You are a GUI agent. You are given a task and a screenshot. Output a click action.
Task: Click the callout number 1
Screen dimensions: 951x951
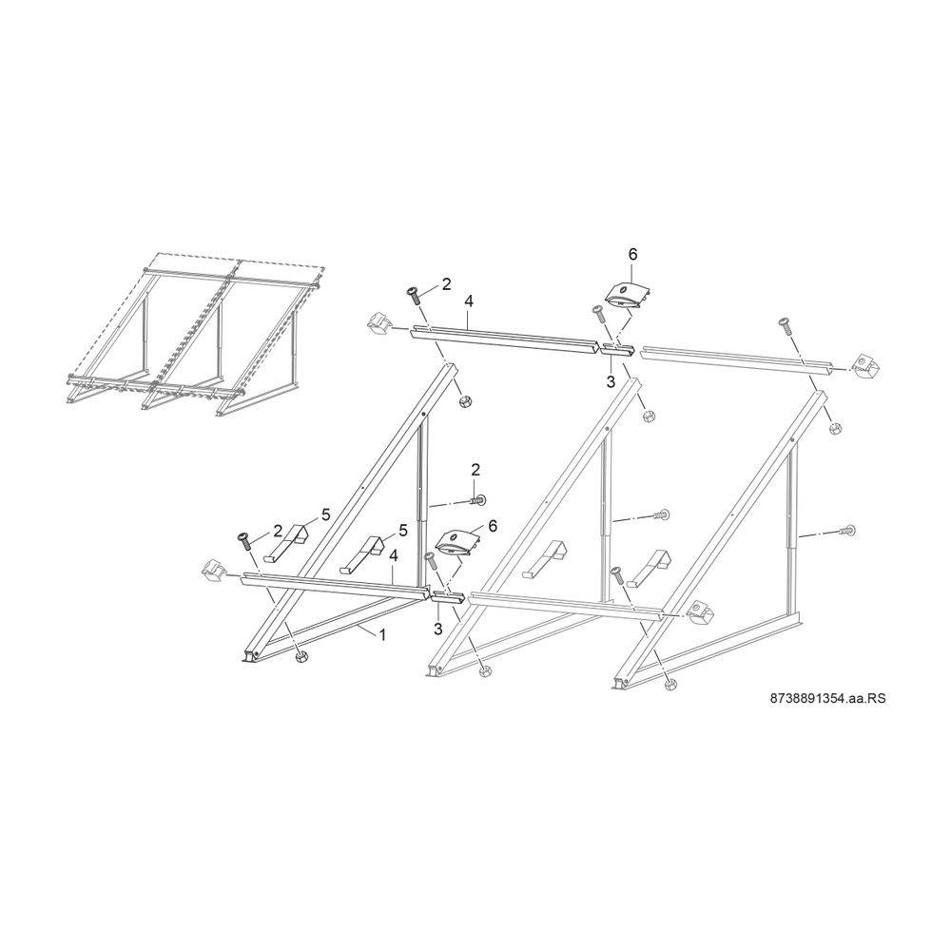click(x=382, y=634)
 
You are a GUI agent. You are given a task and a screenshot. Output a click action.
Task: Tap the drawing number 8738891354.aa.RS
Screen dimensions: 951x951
click(x=827, y=698)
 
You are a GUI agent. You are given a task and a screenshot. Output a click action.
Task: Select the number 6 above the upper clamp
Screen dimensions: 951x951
click(x=632, y=255)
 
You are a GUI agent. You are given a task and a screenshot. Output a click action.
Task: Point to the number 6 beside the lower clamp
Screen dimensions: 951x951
click(x=493, y=526)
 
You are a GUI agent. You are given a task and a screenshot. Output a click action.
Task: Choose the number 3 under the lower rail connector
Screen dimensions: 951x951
click(x=438, y=629)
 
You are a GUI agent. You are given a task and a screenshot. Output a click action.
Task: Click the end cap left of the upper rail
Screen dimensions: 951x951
click(x=378, y=324)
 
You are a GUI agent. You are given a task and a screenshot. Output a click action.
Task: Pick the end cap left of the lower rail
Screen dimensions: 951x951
click(x=212, y=571)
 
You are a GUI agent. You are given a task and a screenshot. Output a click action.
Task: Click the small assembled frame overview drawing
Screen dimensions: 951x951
click(x=195, y=335)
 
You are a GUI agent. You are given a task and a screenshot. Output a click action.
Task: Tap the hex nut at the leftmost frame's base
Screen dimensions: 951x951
click(x=300, y=657)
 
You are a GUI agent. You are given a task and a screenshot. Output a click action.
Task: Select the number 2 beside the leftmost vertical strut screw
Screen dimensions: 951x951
click(x=475, y=469)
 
